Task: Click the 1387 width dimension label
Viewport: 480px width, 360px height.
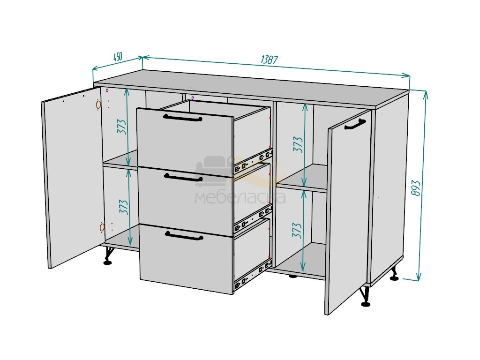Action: pos(270,60)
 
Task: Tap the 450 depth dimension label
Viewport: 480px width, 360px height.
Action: pos(118,57)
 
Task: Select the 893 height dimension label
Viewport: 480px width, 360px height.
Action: pos(416,188)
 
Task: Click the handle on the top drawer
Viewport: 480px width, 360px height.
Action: pos(183,118)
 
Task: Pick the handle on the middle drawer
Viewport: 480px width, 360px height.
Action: pos(183,177)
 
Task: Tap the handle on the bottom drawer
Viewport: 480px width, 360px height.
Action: pos(184,236)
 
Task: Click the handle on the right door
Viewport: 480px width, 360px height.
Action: pos(355,125)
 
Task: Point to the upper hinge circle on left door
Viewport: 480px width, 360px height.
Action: pos(98,105)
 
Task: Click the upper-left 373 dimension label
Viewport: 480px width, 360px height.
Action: pos(121,127)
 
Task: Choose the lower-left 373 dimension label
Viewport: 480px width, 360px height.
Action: pos(123,207)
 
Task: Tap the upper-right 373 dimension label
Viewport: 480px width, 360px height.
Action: pos(298,144)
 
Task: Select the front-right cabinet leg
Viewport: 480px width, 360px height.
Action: pos(365,296)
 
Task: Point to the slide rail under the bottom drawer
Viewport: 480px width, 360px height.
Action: pos(253,274)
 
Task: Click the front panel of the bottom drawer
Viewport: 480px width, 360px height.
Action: pos(187,259)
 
